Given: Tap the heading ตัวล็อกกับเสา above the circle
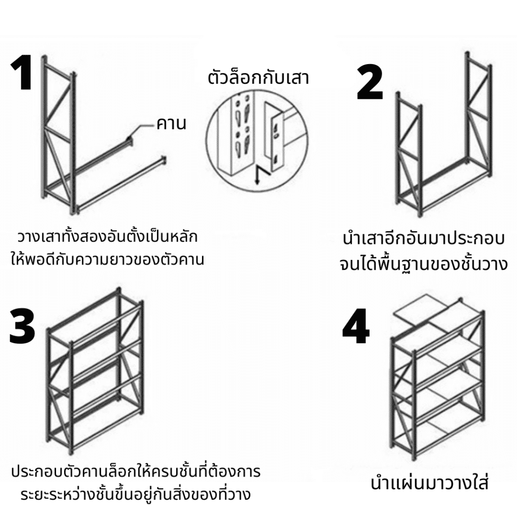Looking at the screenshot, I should [x=258, y=78].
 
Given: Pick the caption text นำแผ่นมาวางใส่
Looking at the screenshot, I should [x=430, y=483].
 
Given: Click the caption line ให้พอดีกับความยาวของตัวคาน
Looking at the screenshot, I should [x=107, y=261].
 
